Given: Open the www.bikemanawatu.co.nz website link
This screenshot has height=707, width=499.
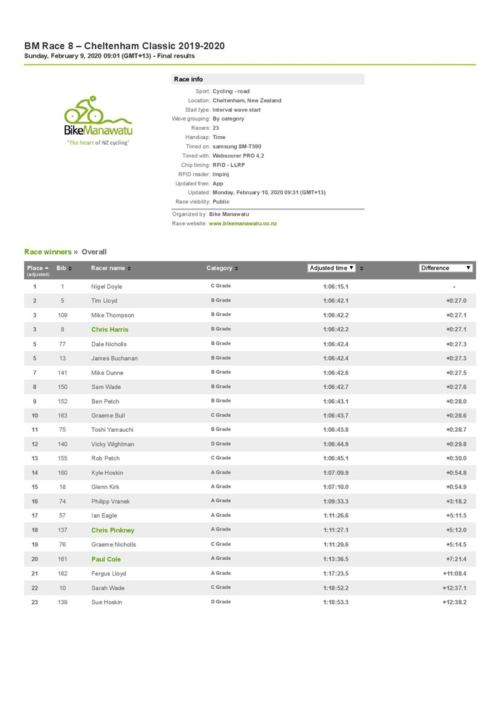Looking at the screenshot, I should pyautogui.click(x=243, y=223).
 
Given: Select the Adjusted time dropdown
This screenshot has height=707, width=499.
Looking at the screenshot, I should pyautogui.click(x=332, y=268).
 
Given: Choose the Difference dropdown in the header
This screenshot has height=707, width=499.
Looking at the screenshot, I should pyautogui.click(x=445, y=268).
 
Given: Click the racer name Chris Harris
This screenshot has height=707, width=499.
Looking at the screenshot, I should pyautogui.click(x=110, y=329).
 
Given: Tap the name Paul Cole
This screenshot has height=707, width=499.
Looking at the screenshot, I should pyautogui.click(x=106, y=559).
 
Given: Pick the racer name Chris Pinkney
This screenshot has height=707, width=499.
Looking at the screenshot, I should pyautogui.click(x=113, y=530).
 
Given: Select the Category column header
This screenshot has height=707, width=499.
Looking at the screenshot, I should pyautogui.click(x=220, y=268).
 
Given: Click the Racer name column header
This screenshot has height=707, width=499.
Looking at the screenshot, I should pyautogui.click(x=109, y=268).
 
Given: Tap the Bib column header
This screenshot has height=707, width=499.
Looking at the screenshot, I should pyautogui.click(x=61, y=268).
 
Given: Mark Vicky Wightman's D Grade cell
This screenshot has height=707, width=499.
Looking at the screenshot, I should pyautogui.click(x=221, y=444).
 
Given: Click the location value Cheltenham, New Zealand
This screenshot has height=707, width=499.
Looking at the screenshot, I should pyautogui.click(x=246, y=100).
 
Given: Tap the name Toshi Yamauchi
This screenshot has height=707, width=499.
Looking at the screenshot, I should pyautogui.click(x=112, y=430).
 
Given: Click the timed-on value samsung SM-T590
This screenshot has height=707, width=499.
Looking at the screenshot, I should pyautogui.click(x=240, y=146).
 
